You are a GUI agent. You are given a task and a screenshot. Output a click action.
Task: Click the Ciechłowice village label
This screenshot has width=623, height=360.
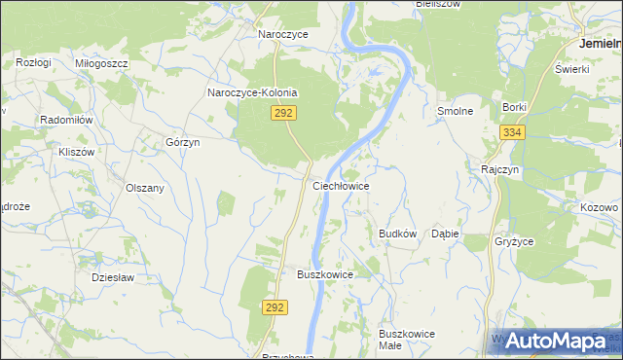click(x=340, y=184)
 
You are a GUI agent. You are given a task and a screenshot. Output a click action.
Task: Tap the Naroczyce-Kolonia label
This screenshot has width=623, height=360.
click(x=251, y=93)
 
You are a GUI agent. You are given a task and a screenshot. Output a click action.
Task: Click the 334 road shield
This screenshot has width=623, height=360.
click(x=513, y=132)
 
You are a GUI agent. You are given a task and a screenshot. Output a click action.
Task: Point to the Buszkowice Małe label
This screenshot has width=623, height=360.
click(x=407, y=340)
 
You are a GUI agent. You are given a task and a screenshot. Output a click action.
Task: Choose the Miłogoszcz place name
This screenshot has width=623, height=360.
click(x=101, y=62)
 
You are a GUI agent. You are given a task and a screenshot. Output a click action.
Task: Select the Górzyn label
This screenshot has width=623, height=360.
click(x=182, y=142)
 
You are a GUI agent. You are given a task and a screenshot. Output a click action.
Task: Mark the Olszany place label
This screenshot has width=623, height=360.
click(x=145, y=188)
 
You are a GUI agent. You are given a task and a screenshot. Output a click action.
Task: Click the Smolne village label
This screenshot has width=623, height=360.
click(x=455, y=111)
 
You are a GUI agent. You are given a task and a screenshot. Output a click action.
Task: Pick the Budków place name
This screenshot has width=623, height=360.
click(x=397, y=234)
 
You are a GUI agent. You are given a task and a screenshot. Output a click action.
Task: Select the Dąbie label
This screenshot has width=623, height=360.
click(x=445, y=234)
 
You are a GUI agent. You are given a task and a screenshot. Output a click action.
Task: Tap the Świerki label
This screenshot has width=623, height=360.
click(x=572, y=70)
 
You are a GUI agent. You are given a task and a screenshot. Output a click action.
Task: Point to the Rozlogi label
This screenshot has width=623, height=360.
click(x=33, y=62)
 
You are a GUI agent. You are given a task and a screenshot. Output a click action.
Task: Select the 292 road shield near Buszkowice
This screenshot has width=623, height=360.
click(x=275, y=306)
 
